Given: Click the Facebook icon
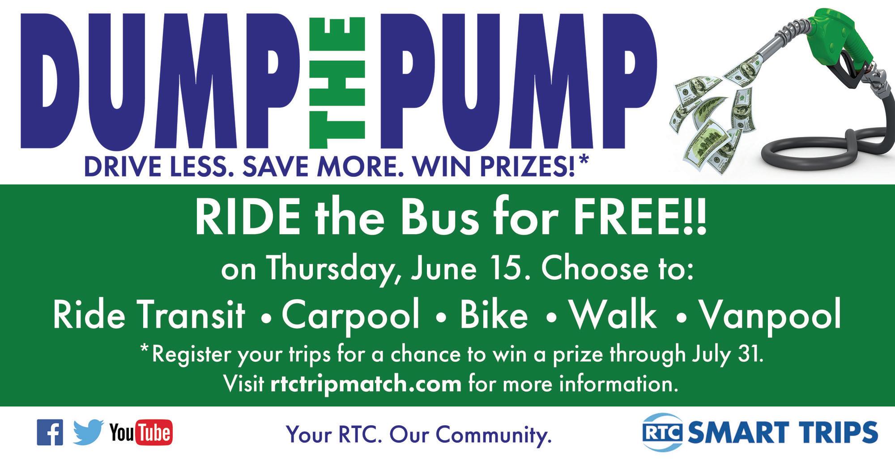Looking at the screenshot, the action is (50, 432).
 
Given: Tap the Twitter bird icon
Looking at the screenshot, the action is (88, 432).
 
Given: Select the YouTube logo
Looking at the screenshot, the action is (141, 433).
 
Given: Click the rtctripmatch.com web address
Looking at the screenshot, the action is (366, 384).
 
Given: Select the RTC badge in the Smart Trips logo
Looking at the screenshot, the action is (663, 432).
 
